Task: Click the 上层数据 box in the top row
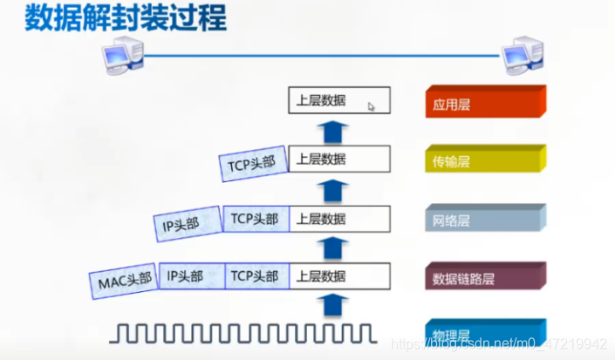pyautogui.click(x=338, y=101)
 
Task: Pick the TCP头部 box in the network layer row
pyautogui.click(x=256, y=219)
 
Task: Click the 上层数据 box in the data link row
pyautogui.click(x=338, y=276)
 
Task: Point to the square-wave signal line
pyautogui.click(x=246, y=332)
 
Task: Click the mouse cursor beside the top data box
pyautogui.click(x=372, y=106)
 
